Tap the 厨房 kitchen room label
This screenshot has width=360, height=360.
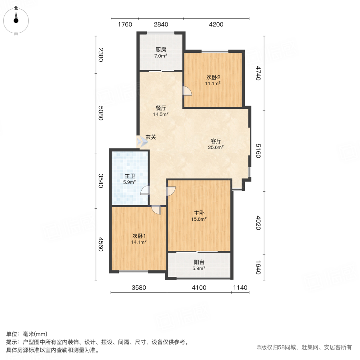[161, 50]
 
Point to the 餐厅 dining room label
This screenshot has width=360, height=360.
[161, 108]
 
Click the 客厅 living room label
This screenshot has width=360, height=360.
[216, 141]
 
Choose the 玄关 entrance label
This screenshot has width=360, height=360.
[150, 137]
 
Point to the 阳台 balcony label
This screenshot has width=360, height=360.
[199, 262]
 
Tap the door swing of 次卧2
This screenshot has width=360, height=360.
[187, 92]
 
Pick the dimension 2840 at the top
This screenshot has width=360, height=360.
[161, 25]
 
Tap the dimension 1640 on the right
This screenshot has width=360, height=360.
[258, 268]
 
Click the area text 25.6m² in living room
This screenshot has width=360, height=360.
[216, 147]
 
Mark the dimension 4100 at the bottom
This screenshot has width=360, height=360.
[199, 288]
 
